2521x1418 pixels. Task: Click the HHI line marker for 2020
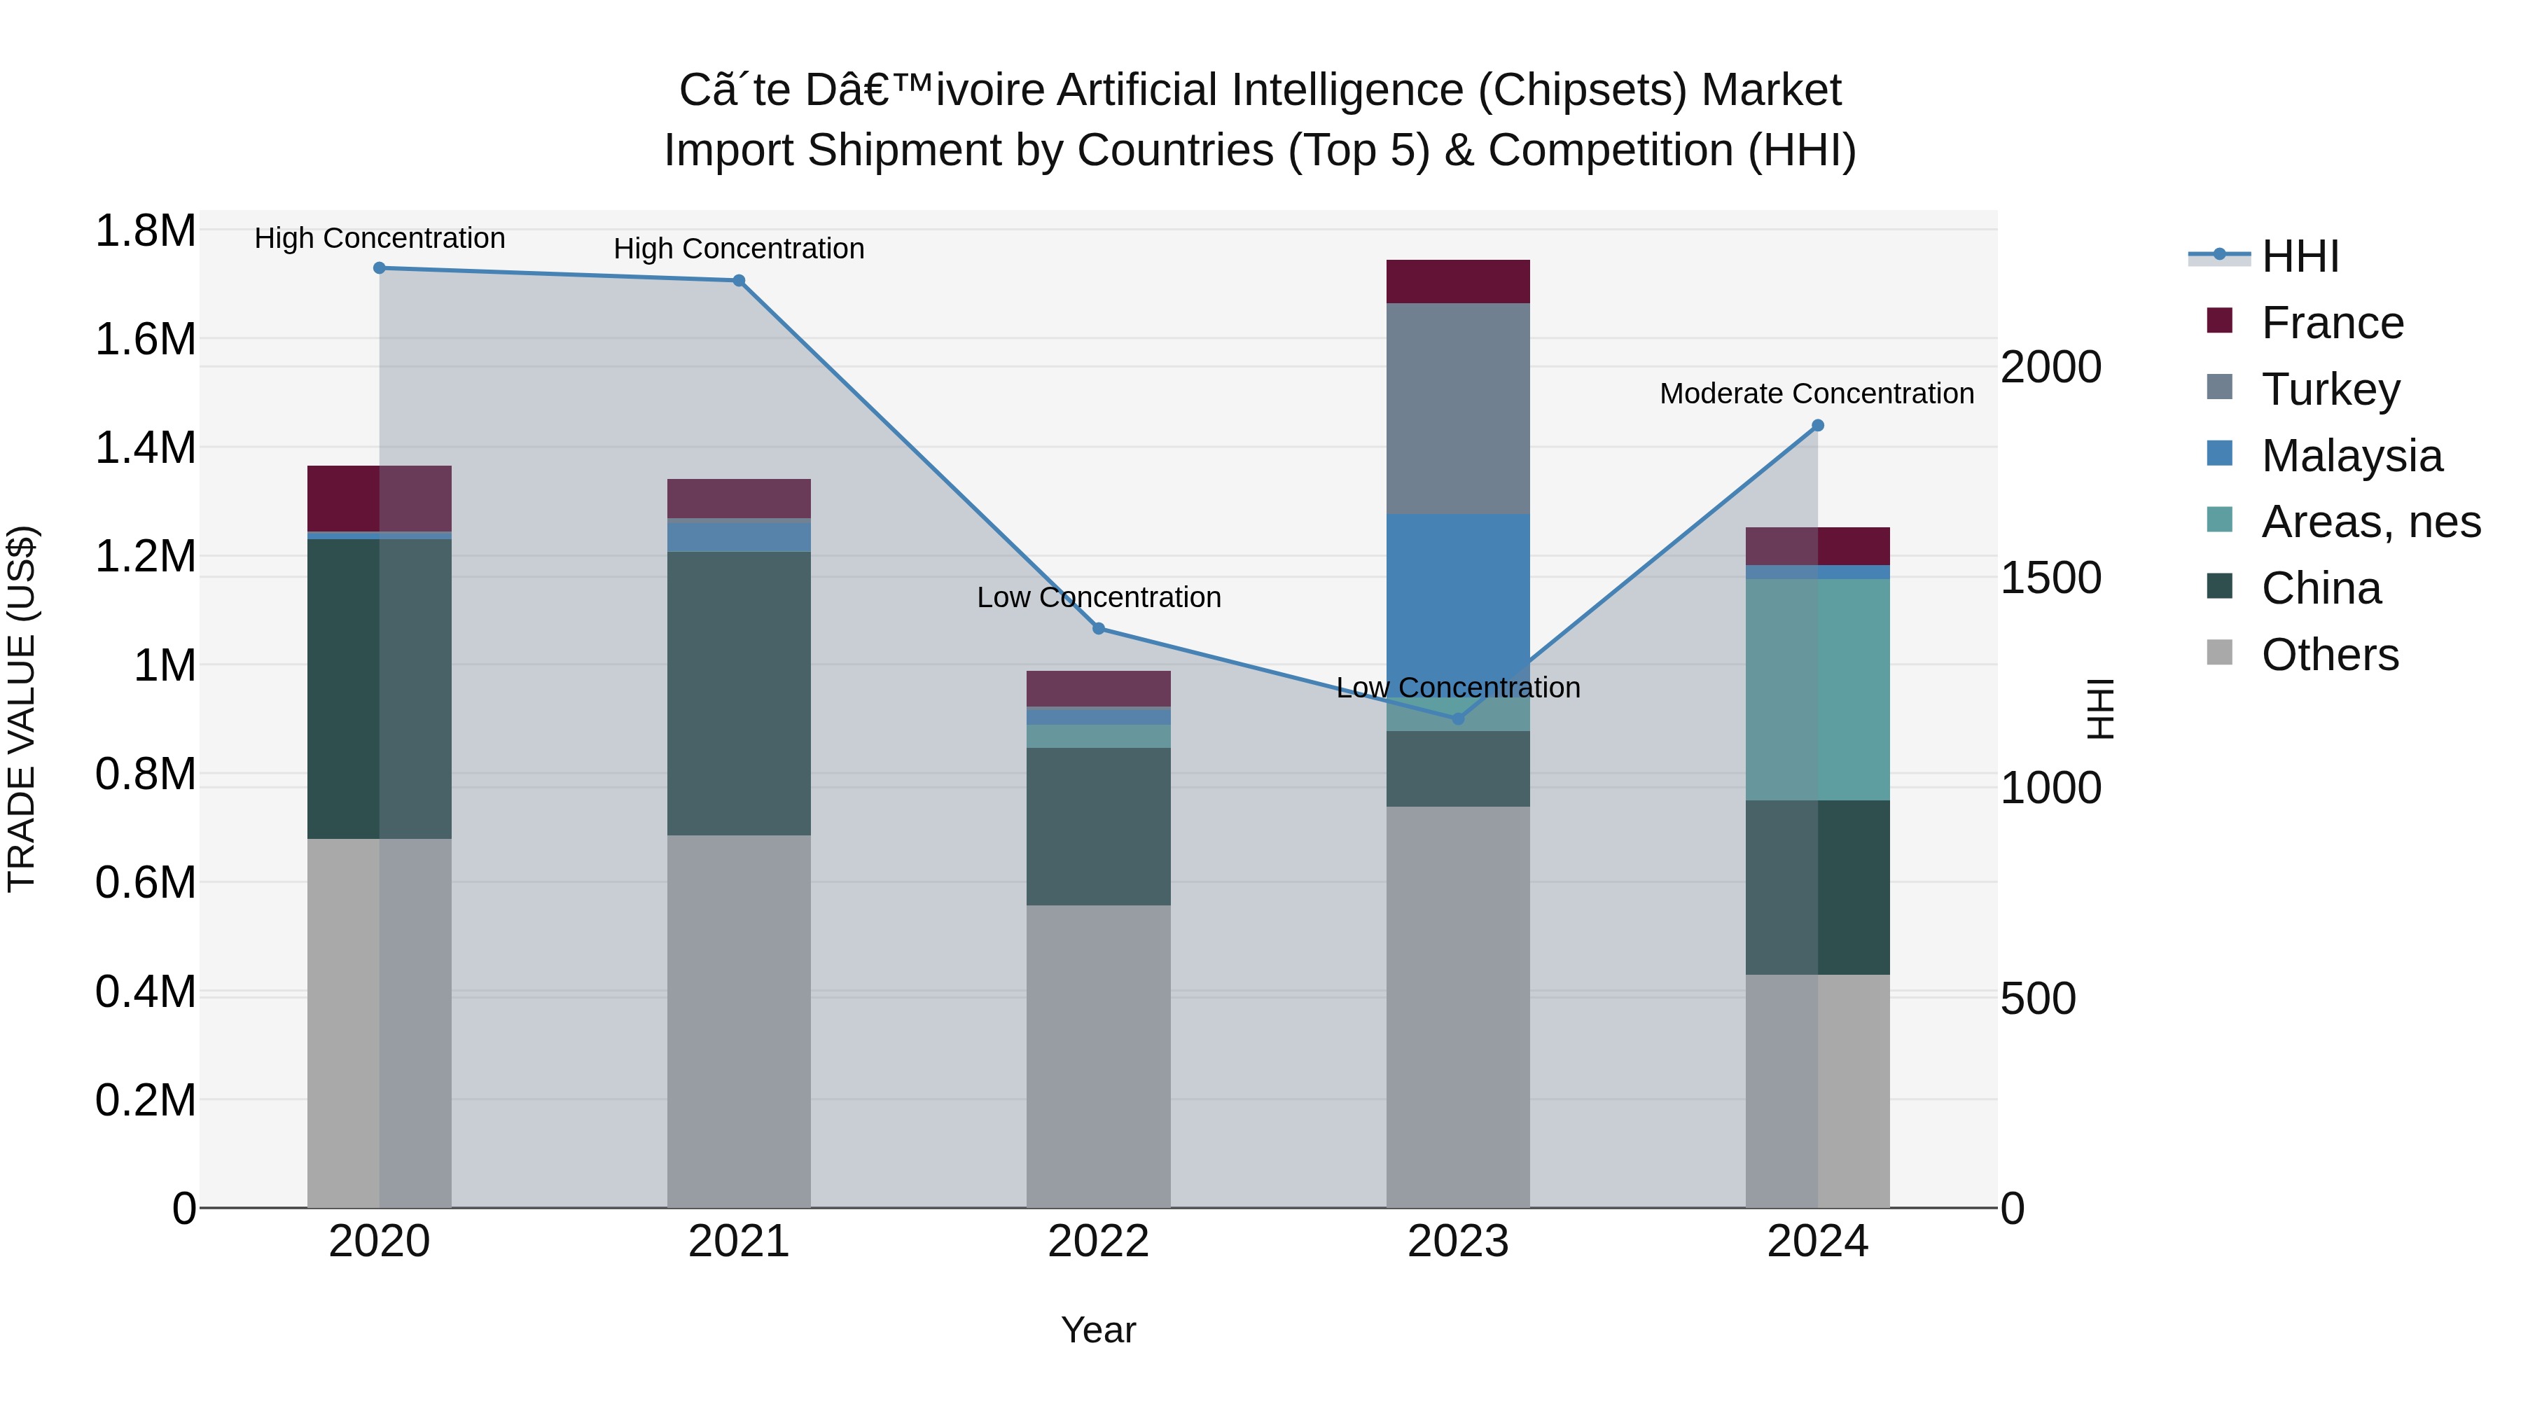(x=380, y=268)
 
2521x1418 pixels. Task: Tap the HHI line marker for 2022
(x=1098, y=628)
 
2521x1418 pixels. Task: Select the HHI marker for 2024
(x=1817, y=426)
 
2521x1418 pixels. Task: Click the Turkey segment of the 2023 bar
(x=1457, y=408)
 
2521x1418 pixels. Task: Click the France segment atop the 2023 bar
(x=1457, y=281)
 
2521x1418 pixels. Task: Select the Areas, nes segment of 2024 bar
(x=1817, y=689)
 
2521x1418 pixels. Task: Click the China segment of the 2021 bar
(x=739, y=693)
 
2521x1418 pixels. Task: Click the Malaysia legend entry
(x=2351, y=456)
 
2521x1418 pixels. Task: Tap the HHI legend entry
(x=2299, y=256)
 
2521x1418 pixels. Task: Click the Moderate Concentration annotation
(x=1817, y=394)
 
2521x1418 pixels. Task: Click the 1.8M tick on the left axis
(x=145, y=232)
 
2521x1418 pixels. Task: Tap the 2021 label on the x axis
(x=739, y=1242)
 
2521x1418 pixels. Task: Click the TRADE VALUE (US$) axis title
(x=22, y=709)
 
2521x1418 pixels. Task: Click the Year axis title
(x=1098, y=1330)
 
